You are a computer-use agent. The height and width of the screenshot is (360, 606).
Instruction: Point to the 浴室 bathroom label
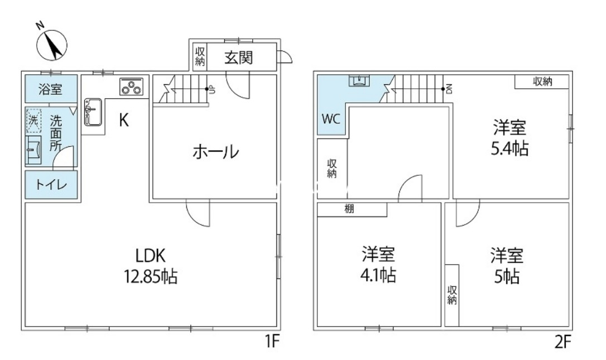(50, 89)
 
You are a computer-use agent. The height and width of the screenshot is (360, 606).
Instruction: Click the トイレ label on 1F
(51, 185)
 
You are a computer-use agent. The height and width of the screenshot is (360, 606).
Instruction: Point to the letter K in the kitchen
(124, 121)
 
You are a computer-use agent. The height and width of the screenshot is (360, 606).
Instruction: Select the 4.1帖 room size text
(378, 275)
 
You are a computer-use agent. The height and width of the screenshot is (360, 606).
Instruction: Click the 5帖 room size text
(507, 276)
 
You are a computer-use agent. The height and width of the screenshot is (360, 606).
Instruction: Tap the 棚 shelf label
(349, 210)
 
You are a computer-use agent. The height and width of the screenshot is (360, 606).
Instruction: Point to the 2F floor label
(563, 342)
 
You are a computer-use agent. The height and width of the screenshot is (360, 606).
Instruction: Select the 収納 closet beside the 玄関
(200, 56)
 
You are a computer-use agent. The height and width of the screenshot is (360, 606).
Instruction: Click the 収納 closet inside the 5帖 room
(452, 295)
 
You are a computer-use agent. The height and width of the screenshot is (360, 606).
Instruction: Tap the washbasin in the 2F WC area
(358, 81)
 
